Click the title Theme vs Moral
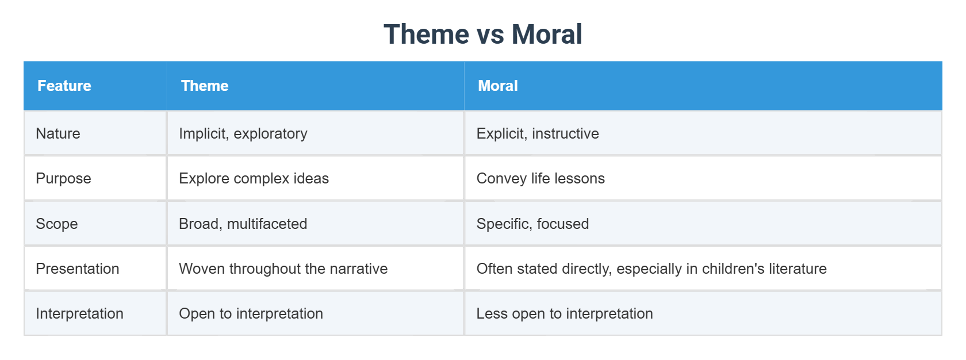pyautogui.click(x=482, y=35)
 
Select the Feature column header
pyautogui.click(x=64, y=86)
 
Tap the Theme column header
pyautogui.click(x=205, y=86)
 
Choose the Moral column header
pyautogui.click(x=498, y=86)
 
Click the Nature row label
pyautogui.click(x=58, y=133)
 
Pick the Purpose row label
pyautogui.click(x=63, y=178)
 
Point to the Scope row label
pyautogui.click(x=57, y=224)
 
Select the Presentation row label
pyautogui.click(x=78, y=269)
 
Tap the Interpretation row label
pyautogui.click(x=80, y=313)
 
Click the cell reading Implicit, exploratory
pyautogui.click(x=243, y=133)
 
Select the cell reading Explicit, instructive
pyautogui.click(x=538, y=133)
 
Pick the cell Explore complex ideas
pyautogui.click(x=254, y=178)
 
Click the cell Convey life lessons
pyautogui.click(x=540, y=178)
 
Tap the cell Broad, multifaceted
pyautogui.click(x=243, y=224)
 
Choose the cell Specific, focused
pyautogui.click(x=532, y=224)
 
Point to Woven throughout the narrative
pyautogui.click(x=283, y=269)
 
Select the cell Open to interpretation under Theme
pyautogui.click(x=251, y=313)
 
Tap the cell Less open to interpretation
pyautogui.click(x=565, y=313)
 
